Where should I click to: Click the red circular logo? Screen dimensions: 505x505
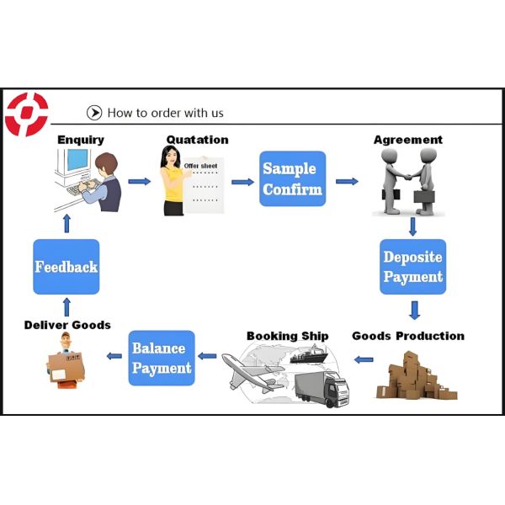pos(26,114)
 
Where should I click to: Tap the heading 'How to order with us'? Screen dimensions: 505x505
pos(165,113)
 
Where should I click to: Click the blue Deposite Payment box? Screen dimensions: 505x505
pos(412,267)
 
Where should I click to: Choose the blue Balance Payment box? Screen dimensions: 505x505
pos(162,359)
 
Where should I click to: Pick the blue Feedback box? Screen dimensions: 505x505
pos(66,267)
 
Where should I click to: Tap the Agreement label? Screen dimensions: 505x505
pos(407,140)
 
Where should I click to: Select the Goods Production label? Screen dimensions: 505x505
pos(407,336)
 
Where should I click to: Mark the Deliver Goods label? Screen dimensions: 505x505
pos(67,325)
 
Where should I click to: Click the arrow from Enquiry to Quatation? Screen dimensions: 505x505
pos(139,181)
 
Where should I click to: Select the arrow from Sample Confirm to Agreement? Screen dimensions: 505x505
pos(346,181)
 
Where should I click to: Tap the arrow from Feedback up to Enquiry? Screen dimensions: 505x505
pos(66,223)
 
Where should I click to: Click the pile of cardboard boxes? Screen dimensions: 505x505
pos(414,375)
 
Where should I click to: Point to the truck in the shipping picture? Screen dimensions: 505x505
pos(323,388)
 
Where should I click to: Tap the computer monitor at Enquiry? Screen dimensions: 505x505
pos(76,161)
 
